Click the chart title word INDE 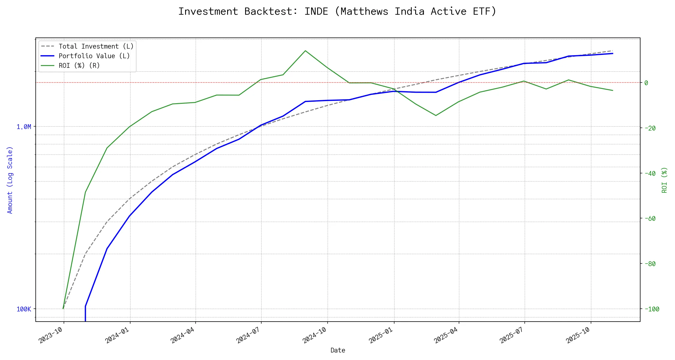click(x=316, y=11)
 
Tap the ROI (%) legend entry click(x=79, y=66)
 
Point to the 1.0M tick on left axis click(x=24, y=127)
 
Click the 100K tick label click(x=24, y=309)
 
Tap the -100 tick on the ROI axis click(x=652, y=309)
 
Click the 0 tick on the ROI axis click(x=646, y=83)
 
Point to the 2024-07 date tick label click(x=248, y=335)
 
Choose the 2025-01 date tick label click(x=381, y=335)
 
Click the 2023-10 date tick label click(x=51, y=335)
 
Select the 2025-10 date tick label click(x=578, y=335)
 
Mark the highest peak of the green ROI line click(x=305, y=51)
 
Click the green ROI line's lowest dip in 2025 click(x=436, y=115)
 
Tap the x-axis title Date click(x=338, y=350)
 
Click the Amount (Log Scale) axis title click(x=10, y=180)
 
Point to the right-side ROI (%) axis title click(x=664, y=180)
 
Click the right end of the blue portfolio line click(x=613, y=53)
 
